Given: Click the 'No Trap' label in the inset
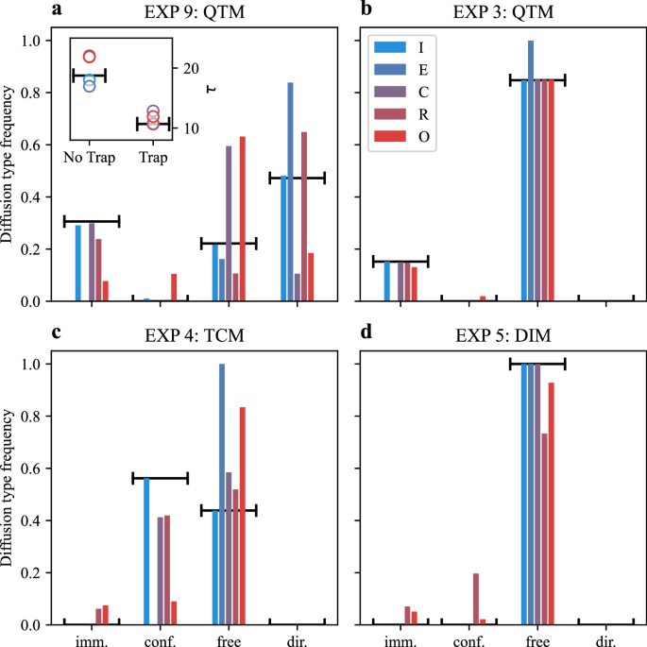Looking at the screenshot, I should pyautogui.click(x=89, y=157).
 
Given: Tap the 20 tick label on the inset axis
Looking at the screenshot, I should pyautogui.click(x=189, y=69).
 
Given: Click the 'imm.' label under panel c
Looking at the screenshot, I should pyautogui.click(x=92, y=638).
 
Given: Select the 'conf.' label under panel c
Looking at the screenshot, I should pyautogui.click(x=160, y=638).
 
